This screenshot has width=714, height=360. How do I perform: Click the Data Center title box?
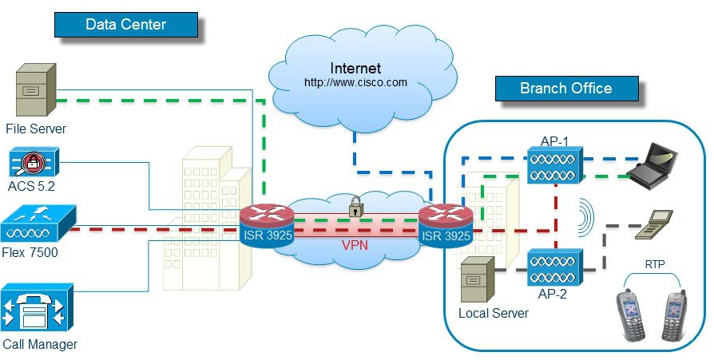(x=125, y=24)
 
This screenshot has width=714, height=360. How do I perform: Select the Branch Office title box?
(x=565, y=88)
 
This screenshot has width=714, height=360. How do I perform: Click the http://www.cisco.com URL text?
(x=355, y=82)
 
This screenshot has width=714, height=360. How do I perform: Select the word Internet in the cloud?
(x=355, y=68)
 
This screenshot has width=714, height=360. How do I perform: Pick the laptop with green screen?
(x=653, y=162)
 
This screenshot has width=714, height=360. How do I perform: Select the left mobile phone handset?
(x=630, y=313)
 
